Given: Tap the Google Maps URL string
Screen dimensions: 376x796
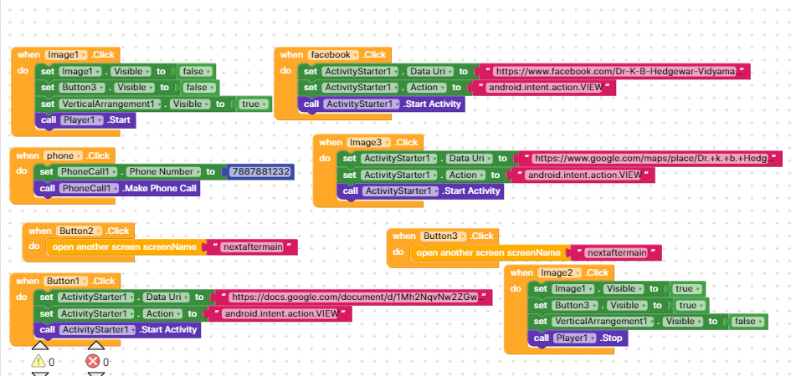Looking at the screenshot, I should [x=650, y=158].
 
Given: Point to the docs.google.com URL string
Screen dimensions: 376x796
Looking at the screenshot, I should [x=354, y=297].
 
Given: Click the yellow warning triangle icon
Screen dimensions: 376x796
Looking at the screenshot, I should [x=39, y=361].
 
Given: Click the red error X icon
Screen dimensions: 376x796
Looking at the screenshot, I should [x=93, y=361].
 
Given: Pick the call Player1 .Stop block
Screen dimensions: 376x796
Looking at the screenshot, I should [x=577, y=338].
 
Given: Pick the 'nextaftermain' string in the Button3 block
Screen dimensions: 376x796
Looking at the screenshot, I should [x=616, y=252].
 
